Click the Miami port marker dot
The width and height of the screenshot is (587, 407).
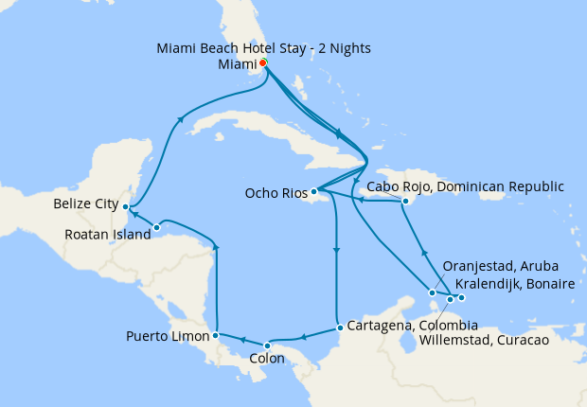(x=262, y=63)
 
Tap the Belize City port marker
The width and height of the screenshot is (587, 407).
(x=126, y=206)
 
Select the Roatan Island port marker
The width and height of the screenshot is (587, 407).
(x=156, y=227)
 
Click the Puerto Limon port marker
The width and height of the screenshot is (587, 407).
(x=216, y=335)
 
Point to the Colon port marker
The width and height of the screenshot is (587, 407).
(x=267, y=345)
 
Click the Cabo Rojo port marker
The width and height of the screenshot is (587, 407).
(x=404, y=201)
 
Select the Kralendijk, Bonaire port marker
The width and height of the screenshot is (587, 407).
(x=461, y=299)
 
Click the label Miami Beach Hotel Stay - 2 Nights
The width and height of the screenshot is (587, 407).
(x=264, y=47)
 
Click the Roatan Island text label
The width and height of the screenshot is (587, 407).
(x=106, y=235)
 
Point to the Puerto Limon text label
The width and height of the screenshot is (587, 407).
(x=168, y=336)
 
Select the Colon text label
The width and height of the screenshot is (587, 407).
(x=267, y=360)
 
